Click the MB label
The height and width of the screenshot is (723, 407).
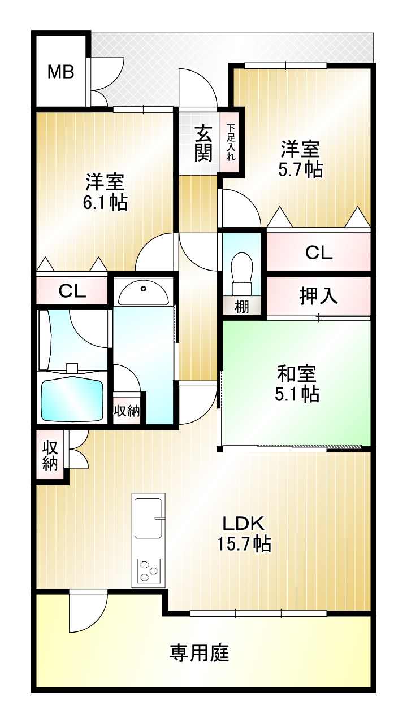(x=60, y=72)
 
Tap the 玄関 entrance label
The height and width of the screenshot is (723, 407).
(x=203, y=143)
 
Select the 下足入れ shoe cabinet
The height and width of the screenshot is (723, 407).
(x=230, y=142)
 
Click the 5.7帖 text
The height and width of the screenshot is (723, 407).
(x=300, y=169)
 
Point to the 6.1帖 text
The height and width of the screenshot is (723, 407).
(x=105, y=202)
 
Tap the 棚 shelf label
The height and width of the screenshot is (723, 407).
(x=241, y=307)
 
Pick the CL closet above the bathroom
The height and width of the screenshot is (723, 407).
(x=72, y=290)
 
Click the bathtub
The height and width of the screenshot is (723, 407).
(x=72, y=399)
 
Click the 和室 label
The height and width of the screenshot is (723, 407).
(x=296, y=373)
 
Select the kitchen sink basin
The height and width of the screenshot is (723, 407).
(x=148, y=518)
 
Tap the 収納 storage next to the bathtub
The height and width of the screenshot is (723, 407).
(x=127, y=411)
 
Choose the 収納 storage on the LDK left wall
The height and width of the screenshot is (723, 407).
(x=50, y=455)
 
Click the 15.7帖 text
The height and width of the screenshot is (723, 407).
(x=244, y=543)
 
